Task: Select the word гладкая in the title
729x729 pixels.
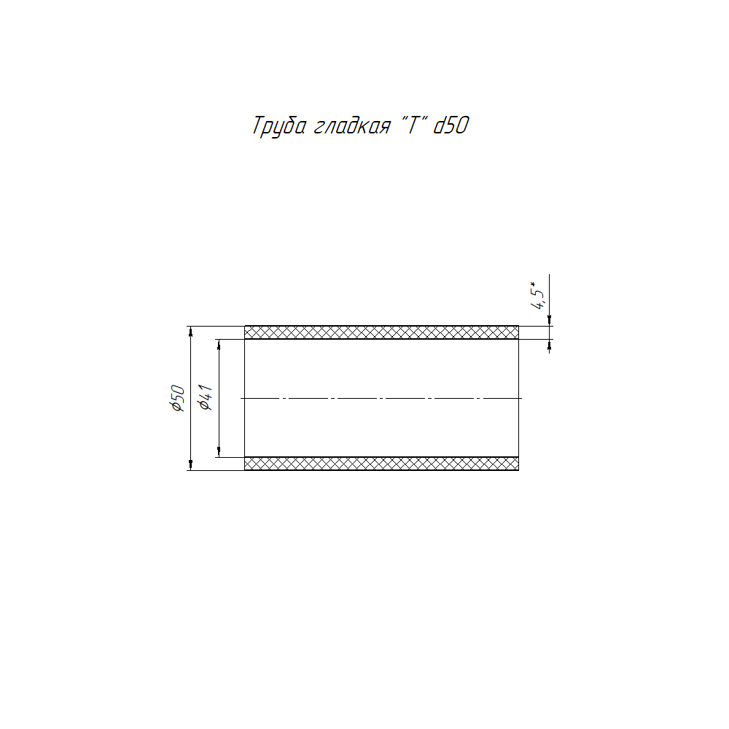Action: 352,126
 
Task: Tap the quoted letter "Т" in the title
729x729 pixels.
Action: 413,124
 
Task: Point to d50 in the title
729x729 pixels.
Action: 451,125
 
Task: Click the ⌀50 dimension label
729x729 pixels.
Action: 178,399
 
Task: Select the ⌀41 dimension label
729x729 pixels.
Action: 206,397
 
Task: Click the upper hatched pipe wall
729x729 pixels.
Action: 381,332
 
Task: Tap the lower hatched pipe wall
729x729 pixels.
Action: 381,464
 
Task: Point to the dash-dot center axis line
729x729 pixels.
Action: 381,399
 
